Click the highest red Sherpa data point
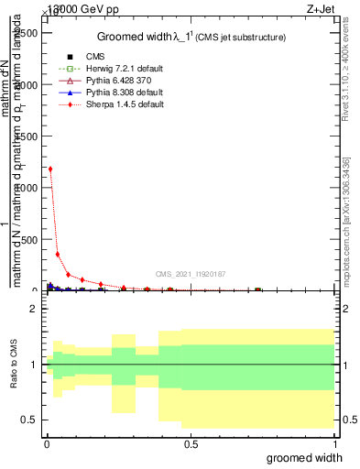[50, 169]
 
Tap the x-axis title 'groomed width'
[311, 457]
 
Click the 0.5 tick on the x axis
[191, 444]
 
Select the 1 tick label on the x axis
[335, 444]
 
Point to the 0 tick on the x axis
[47, 444]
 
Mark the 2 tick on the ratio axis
[34, 310]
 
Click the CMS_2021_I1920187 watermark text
[190, 274]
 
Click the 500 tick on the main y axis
[29, 239]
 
